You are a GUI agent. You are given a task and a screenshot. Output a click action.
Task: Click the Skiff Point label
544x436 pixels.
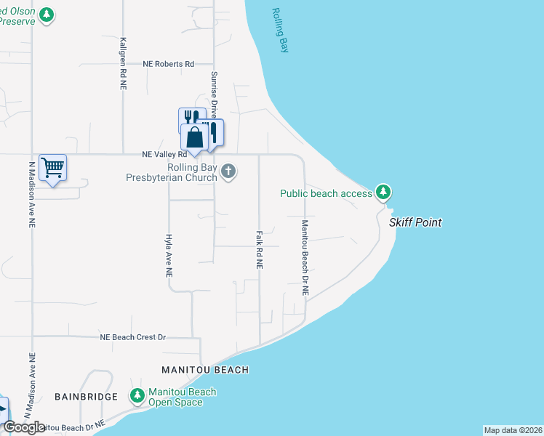pyautogui.click(x=415, y=222)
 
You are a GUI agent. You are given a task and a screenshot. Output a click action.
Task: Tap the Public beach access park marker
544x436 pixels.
pyautogui.click(x=383, y=193)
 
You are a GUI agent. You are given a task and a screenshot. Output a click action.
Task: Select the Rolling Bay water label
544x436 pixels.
pyautogui.click(x=280, y=30)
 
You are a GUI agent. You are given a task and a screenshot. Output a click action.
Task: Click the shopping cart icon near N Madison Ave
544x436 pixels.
pyautogui.click(x=52, y=167)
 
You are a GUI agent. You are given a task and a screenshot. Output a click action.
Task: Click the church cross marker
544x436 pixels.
pyautogui.click(x=228, y=172)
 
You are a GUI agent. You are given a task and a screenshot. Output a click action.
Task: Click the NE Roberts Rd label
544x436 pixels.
pyautogui.click(x=169, y=64)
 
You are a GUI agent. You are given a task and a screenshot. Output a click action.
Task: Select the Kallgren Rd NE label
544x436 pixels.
pyautogui.click(x=124, y=64)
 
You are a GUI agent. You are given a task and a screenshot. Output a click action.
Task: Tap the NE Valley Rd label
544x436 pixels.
pyautogui.click(x=164, y=154)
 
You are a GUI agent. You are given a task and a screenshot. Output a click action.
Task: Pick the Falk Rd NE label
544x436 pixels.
pyautogui.click(x=259, y=251)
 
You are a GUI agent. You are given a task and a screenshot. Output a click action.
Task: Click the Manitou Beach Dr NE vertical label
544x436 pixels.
pyautogui.click(x=305, y=257)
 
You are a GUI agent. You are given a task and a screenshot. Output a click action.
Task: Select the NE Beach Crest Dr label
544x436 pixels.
pyautogui.click(x=133, y=337)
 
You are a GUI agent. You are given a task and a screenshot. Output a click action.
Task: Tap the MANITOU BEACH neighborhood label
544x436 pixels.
pyautogui.click(x=205, y=370)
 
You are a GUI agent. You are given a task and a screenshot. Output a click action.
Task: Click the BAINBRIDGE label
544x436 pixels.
pyautogui.click(x=86, y=397)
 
